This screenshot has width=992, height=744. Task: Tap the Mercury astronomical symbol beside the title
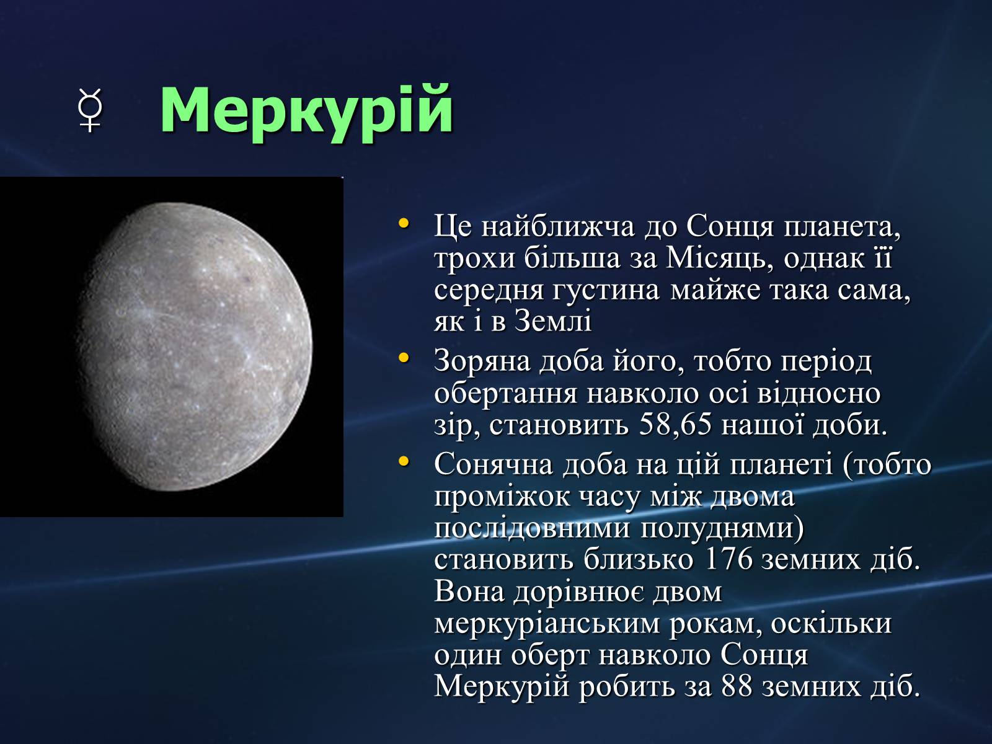click(x=90, y=110)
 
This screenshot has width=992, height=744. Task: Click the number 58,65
click(x=676, y=425)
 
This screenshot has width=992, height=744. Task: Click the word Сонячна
click(x=493, y=464)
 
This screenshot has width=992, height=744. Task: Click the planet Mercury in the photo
click(x=194, y=347)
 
